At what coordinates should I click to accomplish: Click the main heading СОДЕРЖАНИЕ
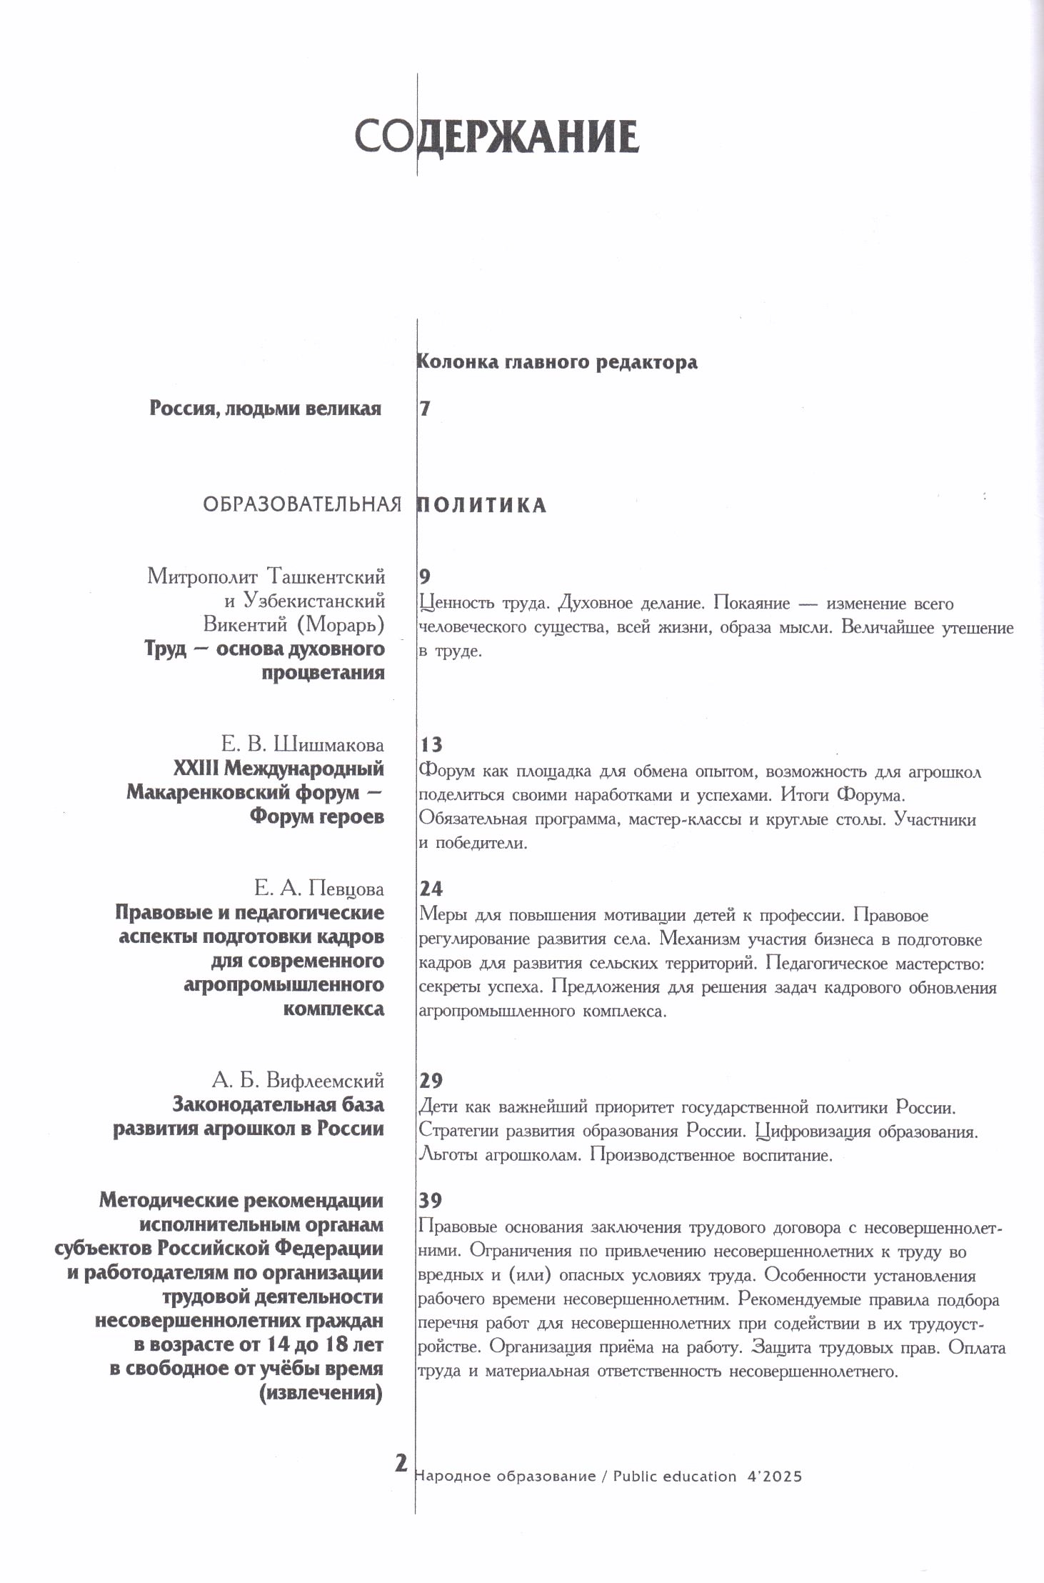496,136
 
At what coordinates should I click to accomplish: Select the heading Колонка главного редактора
557,362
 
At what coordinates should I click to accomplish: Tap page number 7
426,409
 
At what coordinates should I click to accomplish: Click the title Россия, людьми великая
266,409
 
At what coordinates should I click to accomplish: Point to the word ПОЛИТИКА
482,506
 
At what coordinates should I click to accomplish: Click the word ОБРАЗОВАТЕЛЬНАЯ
303,506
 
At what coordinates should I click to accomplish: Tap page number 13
431,745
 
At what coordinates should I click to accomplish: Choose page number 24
431,889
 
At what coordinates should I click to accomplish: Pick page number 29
431,1080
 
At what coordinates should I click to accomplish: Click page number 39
431,1199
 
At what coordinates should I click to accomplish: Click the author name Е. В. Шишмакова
303,745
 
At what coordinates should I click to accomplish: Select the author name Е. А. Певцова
319,889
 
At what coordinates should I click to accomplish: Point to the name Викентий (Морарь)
294,624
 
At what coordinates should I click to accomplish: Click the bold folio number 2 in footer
401,1462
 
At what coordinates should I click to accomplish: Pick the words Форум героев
317,817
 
